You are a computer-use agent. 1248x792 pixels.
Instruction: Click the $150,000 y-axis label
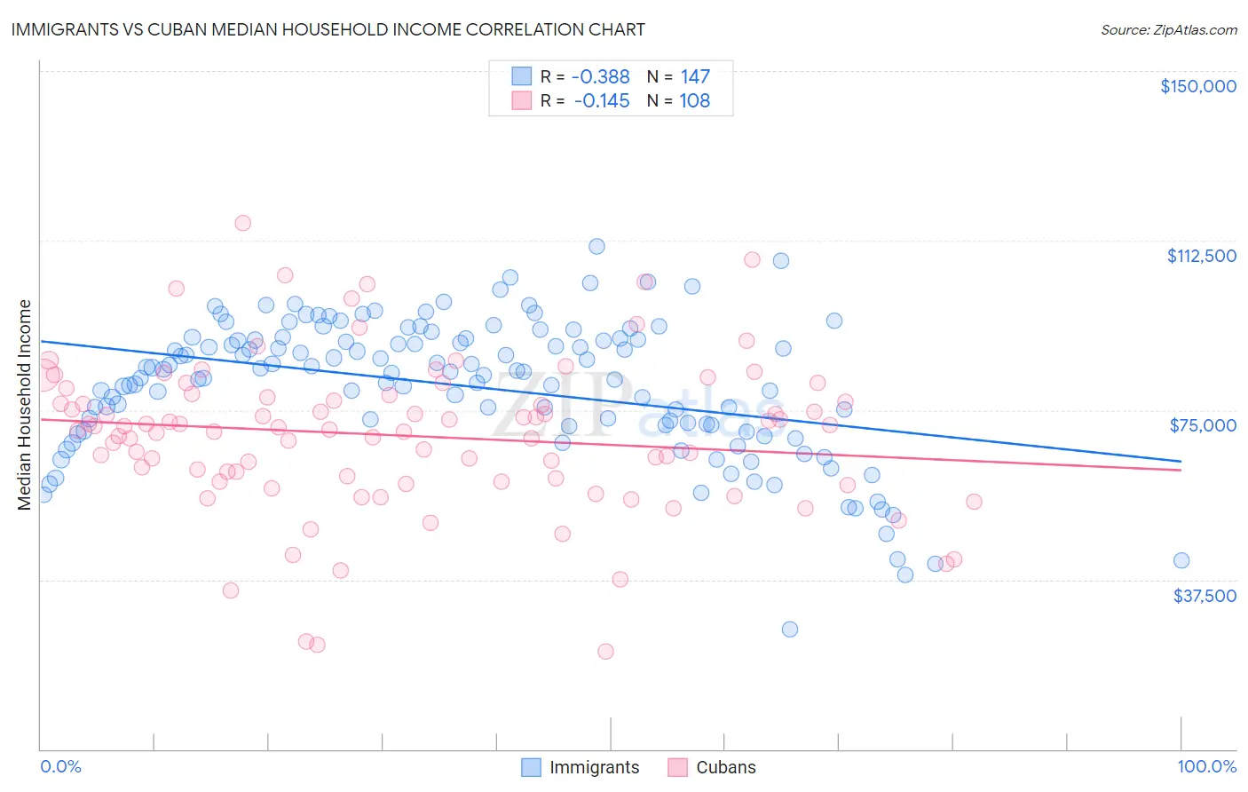1197,86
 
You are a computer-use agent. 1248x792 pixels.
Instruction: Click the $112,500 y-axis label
1201,256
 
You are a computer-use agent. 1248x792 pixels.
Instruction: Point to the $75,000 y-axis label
1203,425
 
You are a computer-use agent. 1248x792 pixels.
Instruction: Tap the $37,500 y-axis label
1205,596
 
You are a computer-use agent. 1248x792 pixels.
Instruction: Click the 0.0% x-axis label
60,766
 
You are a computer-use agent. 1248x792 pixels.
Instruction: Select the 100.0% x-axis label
1206,766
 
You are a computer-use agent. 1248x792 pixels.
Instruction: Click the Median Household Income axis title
24,405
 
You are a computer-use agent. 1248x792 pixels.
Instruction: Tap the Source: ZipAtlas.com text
1168,29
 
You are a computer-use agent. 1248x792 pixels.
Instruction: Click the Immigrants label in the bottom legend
594,767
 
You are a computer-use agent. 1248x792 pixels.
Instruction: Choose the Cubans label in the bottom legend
725,767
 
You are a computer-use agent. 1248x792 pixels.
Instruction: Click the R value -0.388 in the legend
600,77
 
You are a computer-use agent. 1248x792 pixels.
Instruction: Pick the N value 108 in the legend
694,101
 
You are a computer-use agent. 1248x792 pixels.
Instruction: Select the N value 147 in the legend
695,77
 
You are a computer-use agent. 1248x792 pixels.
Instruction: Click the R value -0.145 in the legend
601,101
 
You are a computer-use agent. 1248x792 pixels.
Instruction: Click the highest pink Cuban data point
242,223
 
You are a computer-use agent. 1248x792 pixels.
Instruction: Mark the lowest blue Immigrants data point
789,630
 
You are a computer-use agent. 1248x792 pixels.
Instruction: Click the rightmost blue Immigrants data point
1181,560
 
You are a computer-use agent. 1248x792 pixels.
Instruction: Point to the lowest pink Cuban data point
605,652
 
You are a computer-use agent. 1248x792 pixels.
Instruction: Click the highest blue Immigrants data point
596,246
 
